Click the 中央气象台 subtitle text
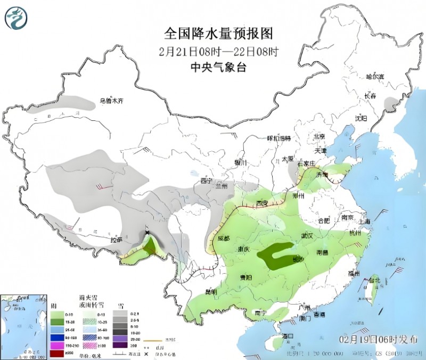click(x=218, y=68)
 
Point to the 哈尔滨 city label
click(x=375, y=77)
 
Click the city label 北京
click(x=319, y=136)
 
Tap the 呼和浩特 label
click(x=278, y=138)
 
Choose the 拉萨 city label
click(x=117, y=240)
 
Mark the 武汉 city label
click(x=308, y=235)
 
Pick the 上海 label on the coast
click(x=364, y=221)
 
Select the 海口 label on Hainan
click(x=288, y=336)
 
